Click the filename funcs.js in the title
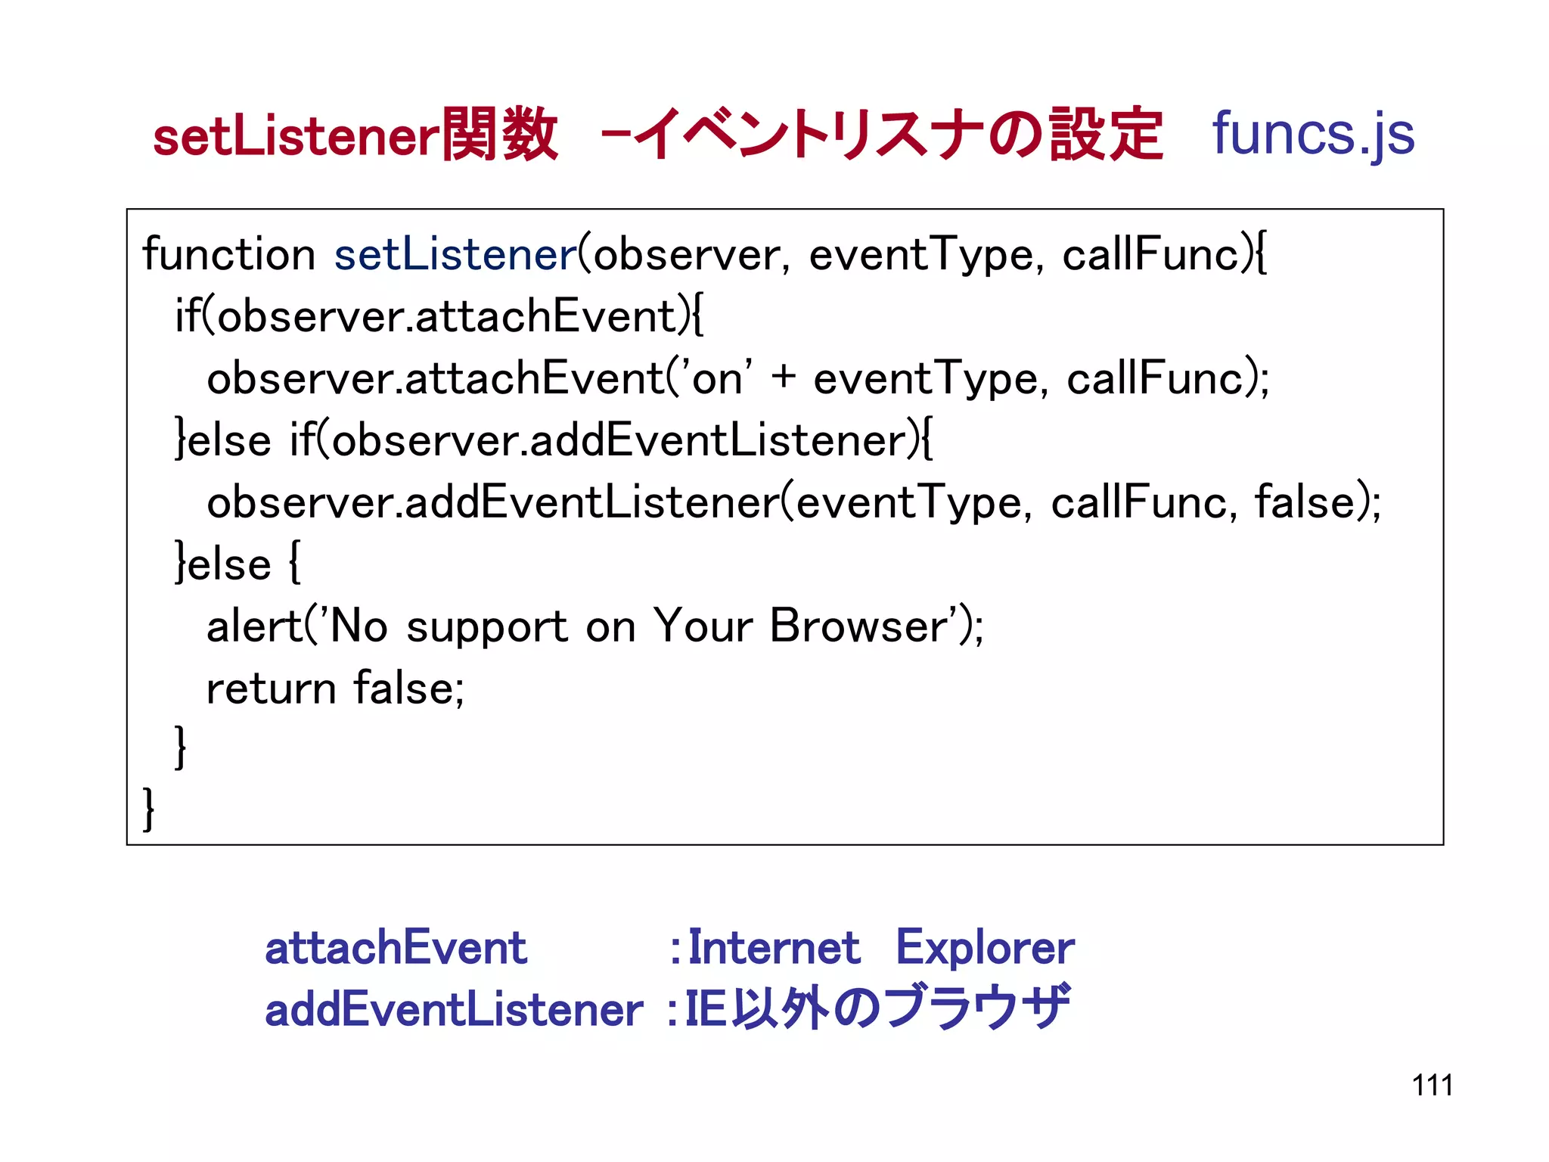pos(1313,135)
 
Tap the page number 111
pos(1432,1086)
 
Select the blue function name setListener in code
pos(456,254)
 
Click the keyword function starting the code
pos(228,254)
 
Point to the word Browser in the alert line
pos(858,626)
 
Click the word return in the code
pos(271,688)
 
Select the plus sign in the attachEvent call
pos(784,377)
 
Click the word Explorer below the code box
pos(985,949)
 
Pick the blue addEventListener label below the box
pos(454,1010)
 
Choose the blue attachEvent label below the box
pos(396,948)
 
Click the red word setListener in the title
pos(296,137)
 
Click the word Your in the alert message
pos(703,626)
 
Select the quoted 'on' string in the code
pos(716,377)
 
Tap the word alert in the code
pos(254,626)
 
